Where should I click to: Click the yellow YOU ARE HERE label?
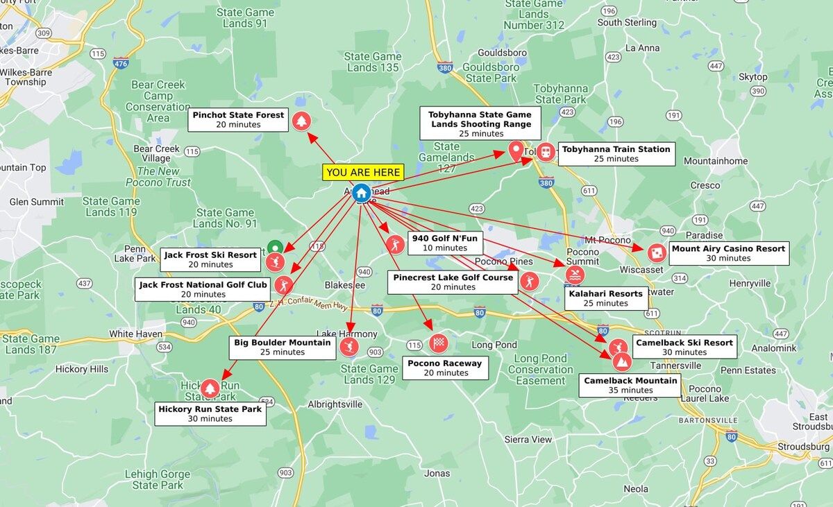point(363,172)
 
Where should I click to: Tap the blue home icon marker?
point(360,192)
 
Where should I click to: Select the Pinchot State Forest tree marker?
point(301,121)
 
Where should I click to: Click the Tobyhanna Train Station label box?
point(616,153)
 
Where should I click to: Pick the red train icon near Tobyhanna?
point(546,151)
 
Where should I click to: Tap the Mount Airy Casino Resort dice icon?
point(655,252)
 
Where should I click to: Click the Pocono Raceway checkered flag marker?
point(438,343)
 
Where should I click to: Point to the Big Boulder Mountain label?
point(282,347)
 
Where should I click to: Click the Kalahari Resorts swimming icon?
point(574,275)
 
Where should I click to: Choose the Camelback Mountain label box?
point(630,385)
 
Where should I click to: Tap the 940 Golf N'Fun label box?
point(444,243)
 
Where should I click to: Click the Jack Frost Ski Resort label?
point(210,259)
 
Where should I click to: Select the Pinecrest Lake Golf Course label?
point(453,282)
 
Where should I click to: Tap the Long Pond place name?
point(494,345)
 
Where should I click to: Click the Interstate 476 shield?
point(121,63)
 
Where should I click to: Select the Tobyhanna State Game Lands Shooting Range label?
point(480,123)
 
